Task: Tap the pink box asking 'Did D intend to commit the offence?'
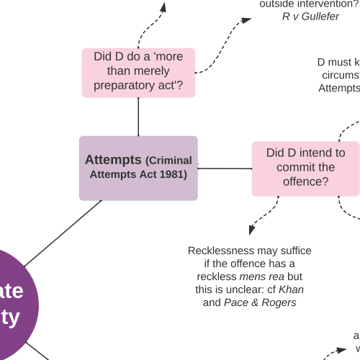[x=305, y=168]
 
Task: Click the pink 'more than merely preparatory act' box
[x=138, y=72]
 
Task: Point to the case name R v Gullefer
[x=310, y=16]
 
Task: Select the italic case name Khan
[x=291, y=289]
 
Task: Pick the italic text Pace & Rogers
[x=260, y=302]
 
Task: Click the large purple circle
[x=11, y=302]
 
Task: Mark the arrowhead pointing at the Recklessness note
[x=252, y=230]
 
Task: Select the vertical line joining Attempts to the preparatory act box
[x=138, y=117]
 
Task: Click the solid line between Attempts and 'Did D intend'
[x=225, y=168]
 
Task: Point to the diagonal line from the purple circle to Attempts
[x=63, y=234]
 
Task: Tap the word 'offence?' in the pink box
[x=305, y=181]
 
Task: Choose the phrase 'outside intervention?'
[x=310, y=3]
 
